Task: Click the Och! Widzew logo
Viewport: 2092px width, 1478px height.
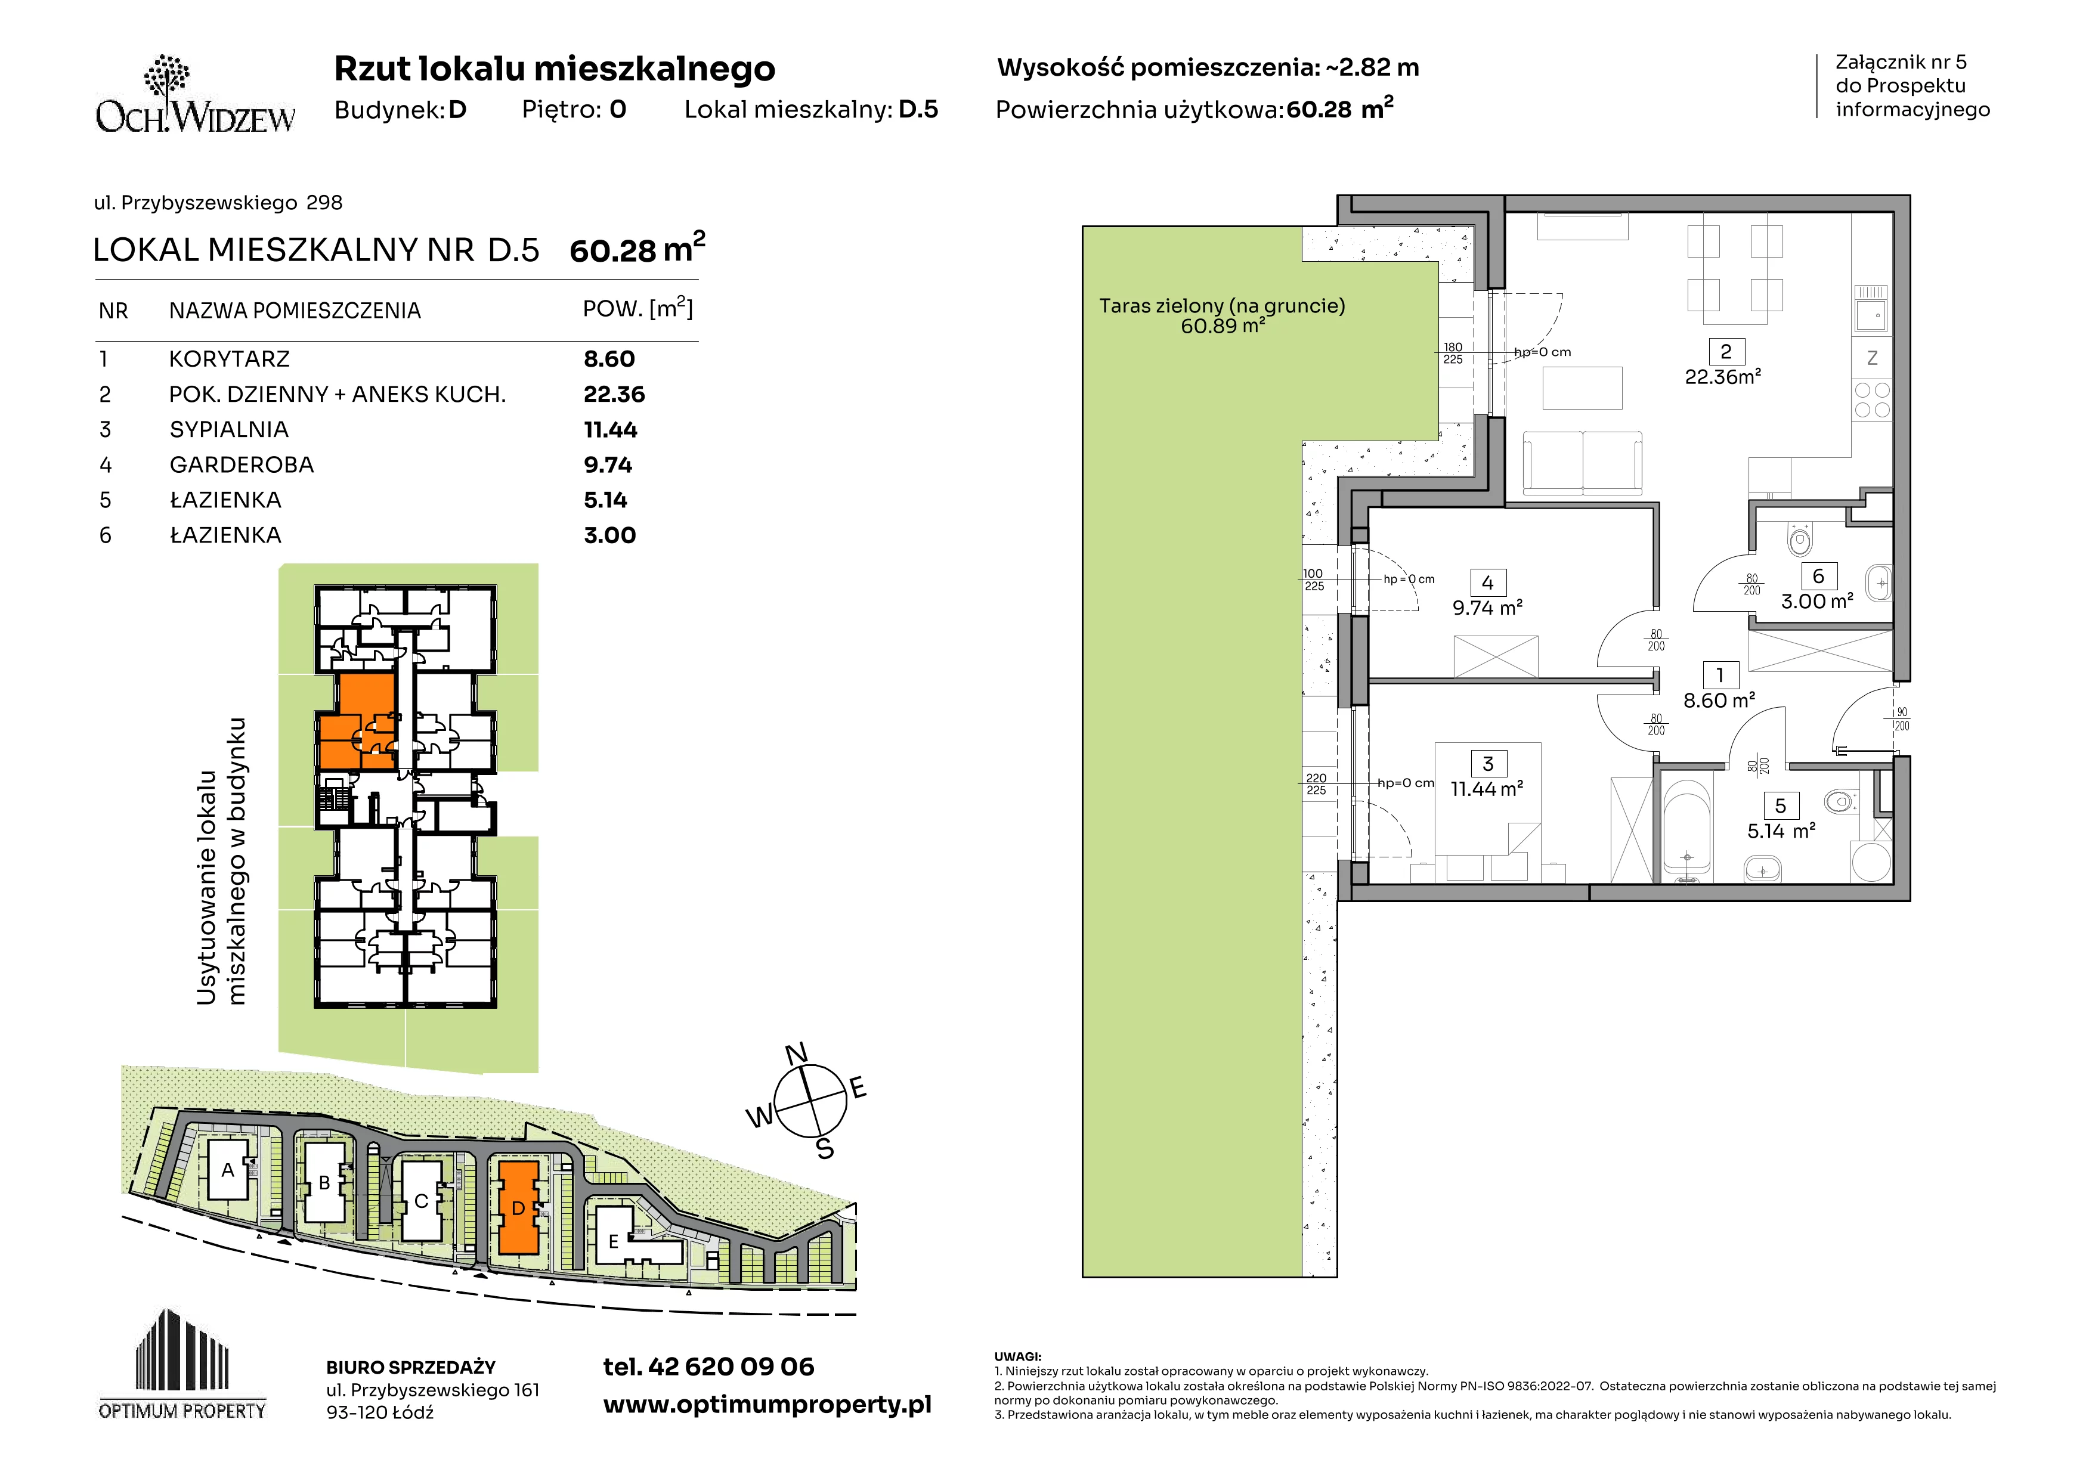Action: [195, 95]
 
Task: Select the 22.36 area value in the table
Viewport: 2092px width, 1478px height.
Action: [614, 394]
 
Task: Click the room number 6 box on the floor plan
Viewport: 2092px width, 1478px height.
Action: [1819, 575]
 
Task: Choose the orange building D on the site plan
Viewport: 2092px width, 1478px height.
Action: [518, 1207]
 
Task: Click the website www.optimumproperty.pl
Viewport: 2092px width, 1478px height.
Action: [767, 1405]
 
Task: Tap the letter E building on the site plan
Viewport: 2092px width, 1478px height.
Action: [613, 1241]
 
